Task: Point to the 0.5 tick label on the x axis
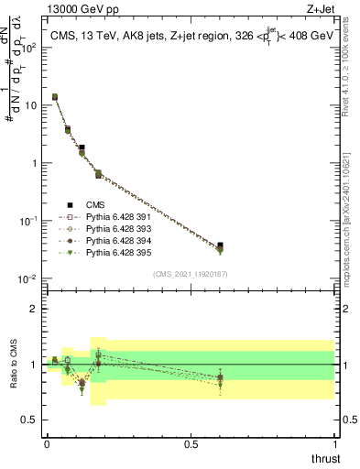tap(191, 444)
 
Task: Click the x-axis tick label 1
tap(335, 444)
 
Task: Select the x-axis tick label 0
tap(47, 444)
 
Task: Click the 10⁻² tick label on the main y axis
tap(27, 278)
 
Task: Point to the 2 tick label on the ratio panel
tap(34, 309)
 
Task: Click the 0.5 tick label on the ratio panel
tap(29, 421)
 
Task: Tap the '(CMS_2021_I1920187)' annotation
tap(190, 274)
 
